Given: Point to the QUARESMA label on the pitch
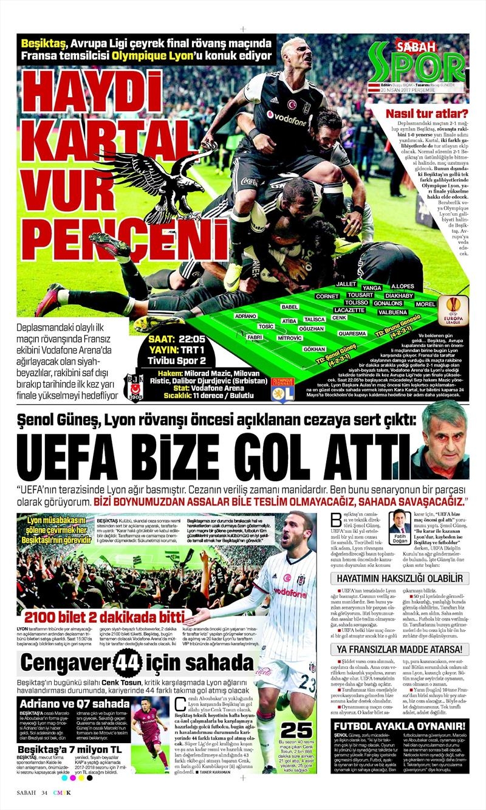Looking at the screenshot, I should (352, 334).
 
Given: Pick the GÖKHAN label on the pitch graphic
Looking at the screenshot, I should (314, 349).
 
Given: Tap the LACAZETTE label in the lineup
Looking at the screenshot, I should (349, 310).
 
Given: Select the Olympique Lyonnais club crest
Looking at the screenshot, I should (283, 389).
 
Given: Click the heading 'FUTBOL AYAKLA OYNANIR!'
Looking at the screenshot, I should (400, 726).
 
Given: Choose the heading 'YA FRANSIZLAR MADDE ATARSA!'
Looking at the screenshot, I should (400, 650).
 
